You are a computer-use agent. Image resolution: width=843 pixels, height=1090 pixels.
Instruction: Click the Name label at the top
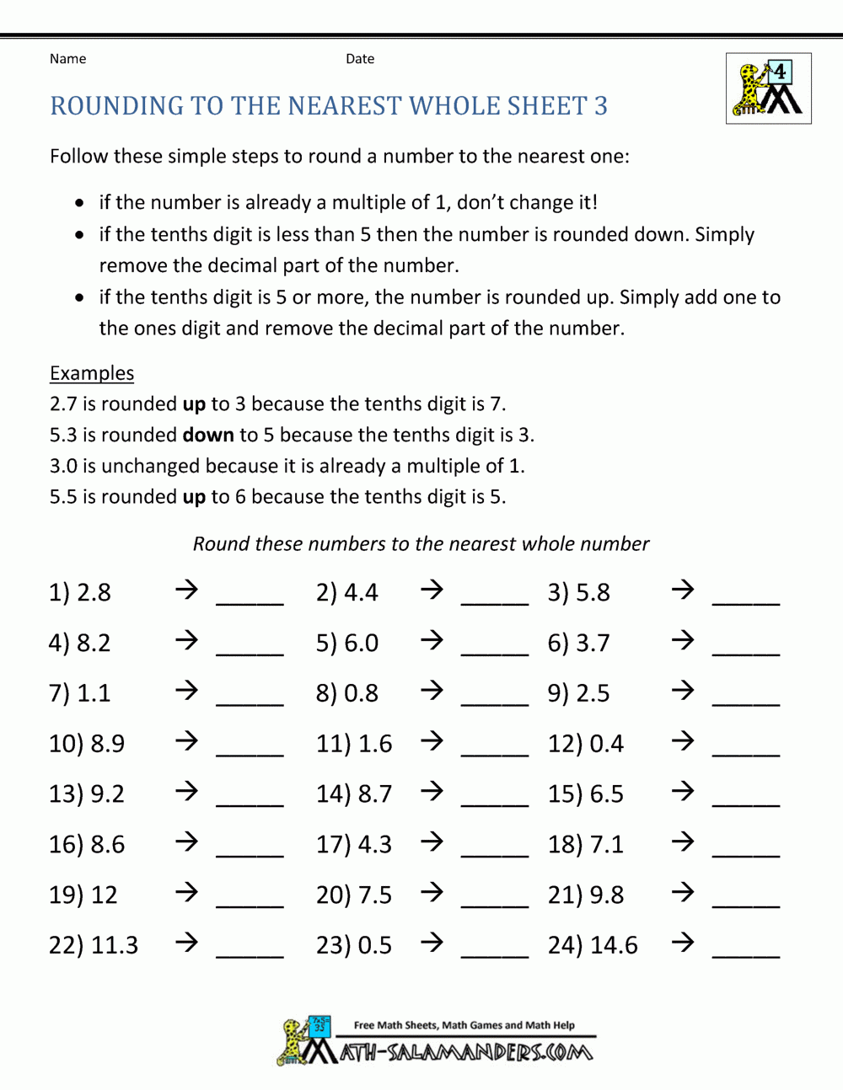[x=67, y=59]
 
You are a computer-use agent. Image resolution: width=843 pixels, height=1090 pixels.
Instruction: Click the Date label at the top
[x=360, y=59]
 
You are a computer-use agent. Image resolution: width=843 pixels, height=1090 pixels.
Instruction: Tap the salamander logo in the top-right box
[x=768, y=88]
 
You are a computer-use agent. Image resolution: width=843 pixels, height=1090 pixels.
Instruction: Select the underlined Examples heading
[x=92, y=373]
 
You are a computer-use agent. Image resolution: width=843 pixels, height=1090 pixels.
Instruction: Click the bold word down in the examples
[x=208, y=435]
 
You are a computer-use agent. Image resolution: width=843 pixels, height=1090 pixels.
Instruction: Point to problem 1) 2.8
[x=80, y=592]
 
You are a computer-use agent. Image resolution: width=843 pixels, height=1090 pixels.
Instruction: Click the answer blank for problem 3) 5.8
[x=746, y=601]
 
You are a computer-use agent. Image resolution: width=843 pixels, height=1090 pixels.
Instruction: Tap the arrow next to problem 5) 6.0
[x=432, y=641]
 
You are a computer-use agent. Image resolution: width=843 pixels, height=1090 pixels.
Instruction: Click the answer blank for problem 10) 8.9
[x=250, y=751]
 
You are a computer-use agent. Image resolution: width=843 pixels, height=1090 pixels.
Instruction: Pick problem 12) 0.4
[x=586, y=744]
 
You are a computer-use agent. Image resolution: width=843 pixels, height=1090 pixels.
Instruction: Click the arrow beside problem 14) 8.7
[x=432, y=792]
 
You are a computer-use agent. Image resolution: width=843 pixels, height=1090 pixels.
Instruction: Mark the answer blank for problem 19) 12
[x=250, y=903]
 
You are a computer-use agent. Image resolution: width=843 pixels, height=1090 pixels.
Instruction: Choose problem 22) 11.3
[x=94, y=945]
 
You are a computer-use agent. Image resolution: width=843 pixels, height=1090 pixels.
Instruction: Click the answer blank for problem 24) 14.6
[x=746, y=954]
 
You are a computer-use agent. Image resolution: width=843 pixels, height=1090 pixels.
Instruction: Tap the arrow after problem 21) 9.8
[x=683, y=893]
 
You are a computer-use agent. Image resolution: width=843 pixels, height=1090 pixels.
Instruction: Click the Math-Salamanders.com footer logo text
[x=466, y=1052]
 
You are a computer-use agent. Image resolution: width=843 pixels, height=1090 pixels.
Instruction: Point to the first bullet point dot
[x=79, y=203]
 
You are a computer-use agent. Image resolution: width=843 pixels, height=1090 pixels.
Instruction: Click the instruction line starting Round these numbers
[x=421, y=544]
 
